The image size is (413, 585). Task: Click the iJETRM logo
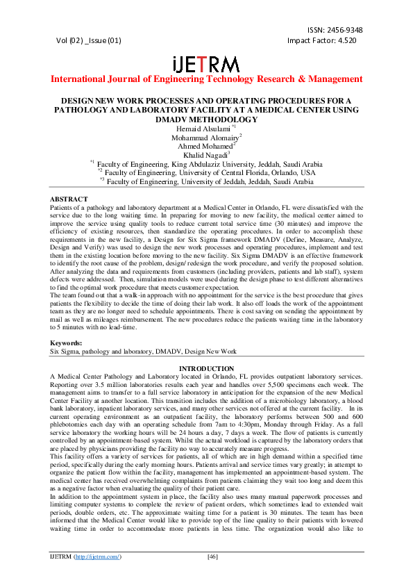206,63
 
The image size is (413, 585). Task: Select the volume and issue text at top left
90,40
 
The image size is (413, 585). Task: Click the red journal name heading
206,79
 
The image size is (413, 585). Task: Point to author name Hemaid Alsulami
205,129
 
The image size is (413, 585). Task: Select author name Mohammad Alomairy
206,138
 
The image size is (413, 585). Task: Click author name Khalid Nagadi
206,155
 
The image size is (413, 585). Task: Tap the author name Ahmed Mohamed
206,146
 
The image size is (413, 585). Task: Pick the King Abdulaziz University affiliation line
206,164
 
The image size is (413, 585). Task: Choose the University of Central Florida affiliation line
206,173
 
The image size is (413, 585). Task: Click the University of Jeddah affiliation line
206,182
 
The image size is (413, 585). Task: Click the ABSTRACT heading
69,199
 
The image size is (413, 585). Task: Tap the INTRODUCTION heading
206,368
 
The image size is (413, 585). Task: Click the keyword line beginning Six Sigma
143,352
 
